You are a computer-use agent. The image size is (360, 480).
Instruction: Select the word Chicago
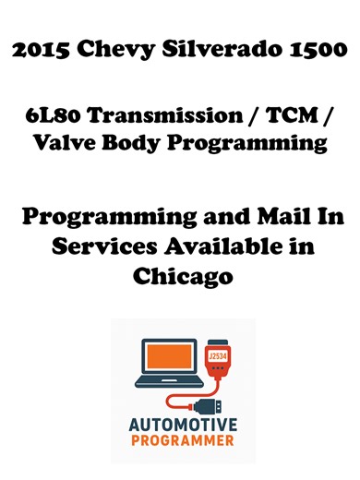(181, 275)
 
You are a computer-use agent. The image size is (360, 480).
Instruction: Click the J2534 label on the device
(219, 354)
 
